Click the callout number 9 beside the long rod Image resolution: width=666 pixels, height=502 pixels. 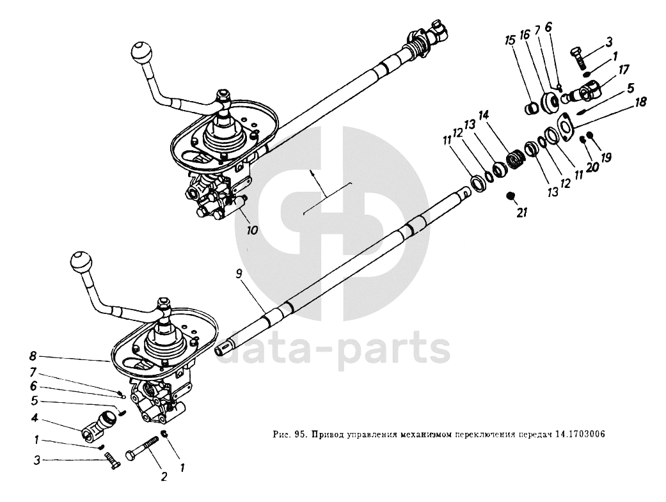[x=238, y=273]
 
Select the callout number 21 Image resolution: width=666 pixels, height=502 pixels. [x=523, y=213]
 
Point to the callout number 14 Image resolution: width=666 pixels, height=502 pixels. [x=482, y=115]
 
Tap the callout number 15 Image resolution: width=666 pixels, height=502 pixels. [x=509, y=40]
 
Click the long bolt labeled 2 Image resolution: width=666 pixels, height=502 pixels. [x=145, y=449]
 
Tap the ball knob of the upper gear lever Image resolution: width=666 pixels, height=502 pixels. [x=140, y=51]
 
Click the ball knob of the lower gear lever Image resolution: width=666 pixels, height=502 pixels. [x=80, y=262]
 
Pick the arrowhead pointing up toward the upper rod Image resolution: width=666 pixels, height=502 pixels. [x=312, y=173]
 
